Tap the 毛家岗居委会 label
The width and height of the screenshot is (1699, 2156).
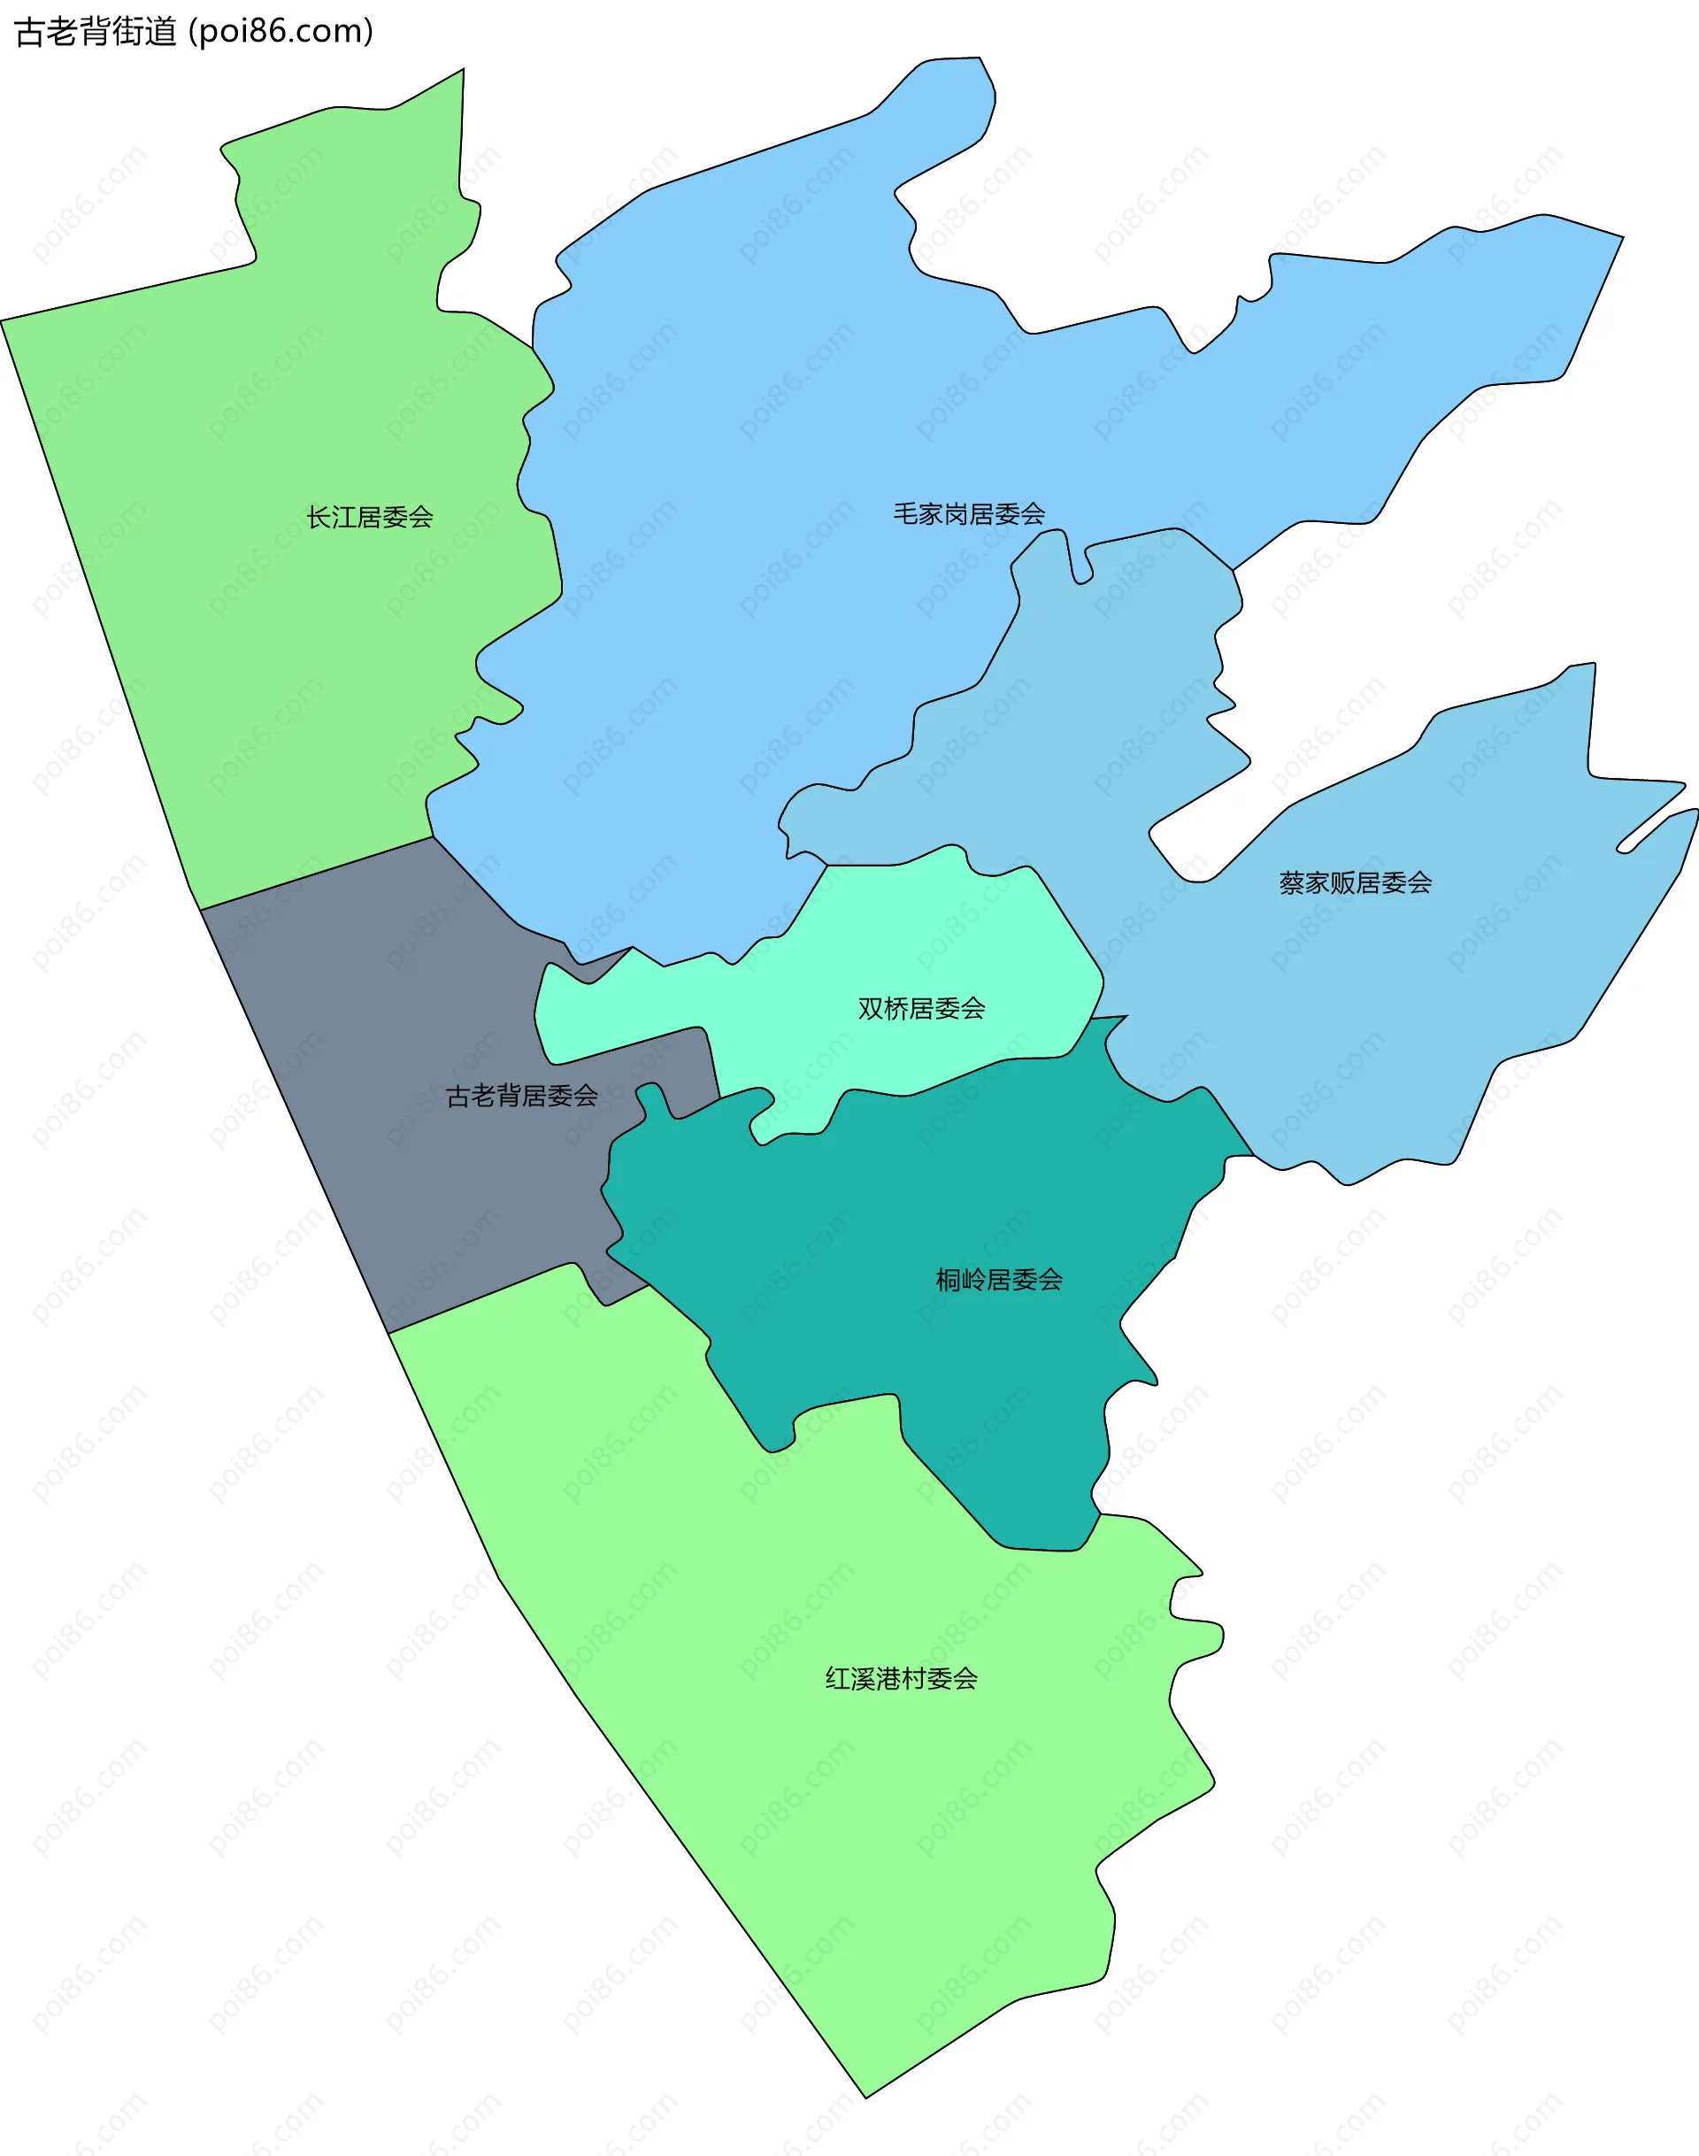coord(968,514)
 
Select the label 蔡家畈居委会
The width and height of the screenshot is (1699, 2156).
coord(1355,882)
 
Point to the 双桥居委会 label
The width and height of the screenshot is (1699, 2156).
coord(921,1009)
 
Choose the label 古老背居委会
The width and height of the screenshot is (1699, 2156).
coord(521,1096)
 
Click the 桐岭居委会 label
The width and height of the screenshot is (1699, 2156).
coord(999,1280)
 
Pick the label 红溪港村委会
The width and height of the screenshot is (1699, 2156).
coord(901,1678)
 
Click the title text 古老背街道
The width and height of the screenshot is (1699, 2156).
coord(96,32)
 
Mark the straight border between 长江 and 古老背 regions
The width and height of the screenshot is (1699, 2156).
coord(316,874)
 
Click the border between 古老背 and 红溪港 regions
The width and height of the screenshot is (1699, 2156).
coord(478,1298)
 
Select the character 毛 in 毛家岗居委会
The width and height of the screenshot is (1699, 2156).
coord(904,514)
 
